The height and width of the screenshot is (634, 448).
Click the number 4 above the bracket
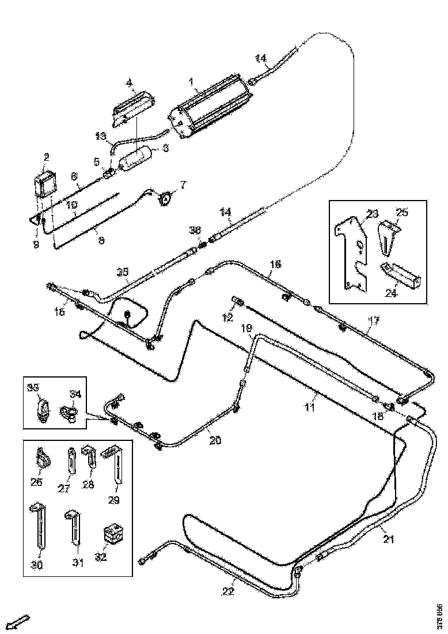[130, 83]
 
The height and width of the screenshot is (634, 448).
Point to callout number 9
[36, 244]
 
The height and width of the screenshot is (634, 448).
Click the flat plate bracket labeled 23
[352, 251]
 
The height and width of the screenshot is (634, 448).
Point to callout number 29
[113, 500]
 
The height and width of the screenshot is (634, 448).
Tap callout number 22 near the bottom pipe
[229, 591]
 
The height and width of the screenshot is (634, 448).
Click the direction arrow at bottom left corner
[21, 621]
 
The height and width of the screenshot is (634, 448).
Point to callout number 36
[195, 231]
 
